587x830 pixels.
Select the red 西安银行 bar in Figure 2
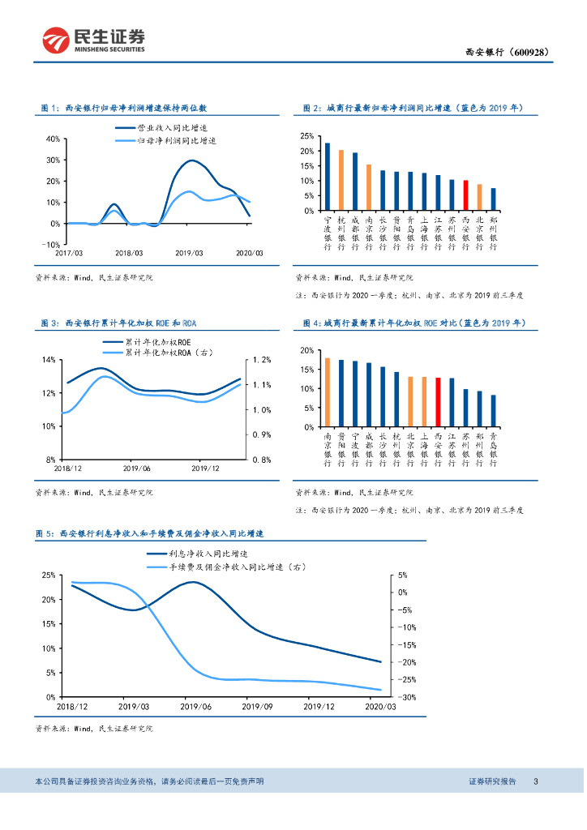tap(465, 195)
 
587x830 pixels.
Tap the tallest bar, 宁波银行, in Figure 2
tap(327, 177)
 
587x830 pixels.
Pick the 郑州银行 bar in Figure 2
tap(493, 199)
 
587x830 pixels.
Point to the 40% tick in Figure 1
tap(50, 139)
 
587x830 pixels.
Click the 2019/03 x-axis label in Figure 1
tap(191, 254)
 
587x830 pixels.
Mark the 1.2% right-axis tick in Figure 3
tap(262, 360)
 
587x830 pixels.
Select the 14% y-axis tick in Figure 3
tap(48, 360)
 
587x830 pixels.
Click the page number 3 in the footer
tap(535, 781)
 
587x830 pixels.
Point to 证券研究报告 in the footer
tap(492, 781)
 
